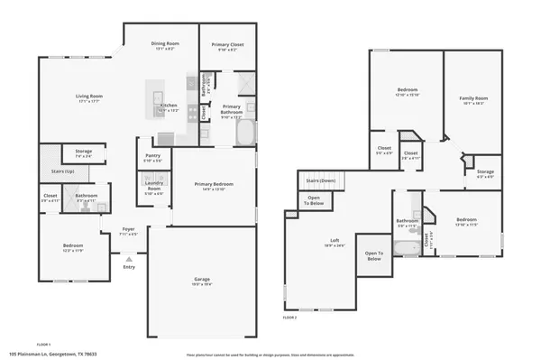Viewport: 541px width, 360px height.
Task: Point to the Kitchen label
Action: click(169, 105)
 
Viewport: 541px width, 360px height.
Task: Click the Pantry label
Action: click(152, 155)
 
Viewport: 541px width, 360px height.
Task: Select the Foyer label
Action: click(129, 230)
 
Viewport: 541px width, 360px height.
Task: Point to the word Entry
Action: click(129, 266)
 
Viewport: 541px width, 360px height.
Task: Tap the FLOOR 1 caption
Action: click(43, 344)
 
